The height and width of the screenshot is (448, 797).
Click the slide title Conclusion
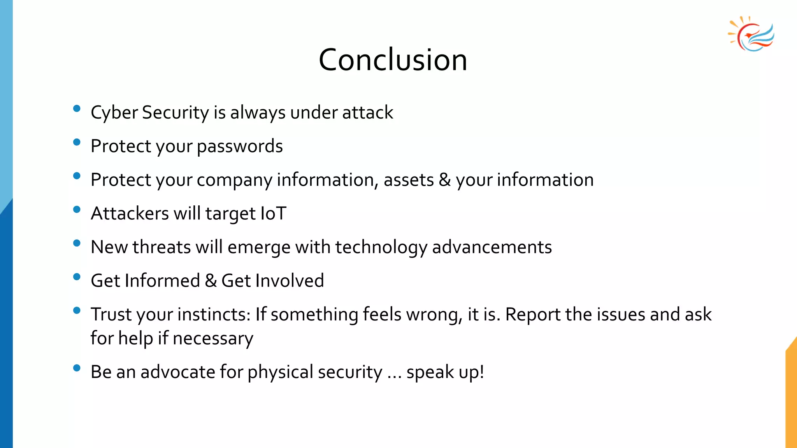point(393,60)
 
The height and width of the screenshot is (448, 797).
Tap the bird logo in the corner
point(752,34)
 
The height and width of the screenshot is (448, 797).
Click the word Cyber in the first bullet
point(114,113)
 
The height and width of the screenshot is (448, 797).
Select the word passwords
point(240,147)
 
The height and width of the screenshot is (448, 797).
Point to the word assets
point(409,180)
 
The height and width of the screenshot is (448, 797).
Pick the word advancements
point(492,247)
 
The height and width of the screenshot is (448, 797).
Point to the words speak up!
point(445,372)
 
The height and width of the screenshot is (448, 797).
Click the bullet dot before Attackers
point(77,210)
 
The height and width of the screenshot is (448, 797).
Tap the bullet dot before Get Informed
point(77,277)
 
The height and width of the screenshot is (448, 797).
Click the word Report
point(532,315)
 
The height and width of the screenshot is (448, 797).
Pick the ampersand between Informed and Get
point(211,281)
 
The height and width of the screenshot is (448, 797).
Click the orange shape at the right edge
point(792,397)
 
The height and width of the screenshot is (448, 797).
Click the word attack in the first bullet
point(368,113)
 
